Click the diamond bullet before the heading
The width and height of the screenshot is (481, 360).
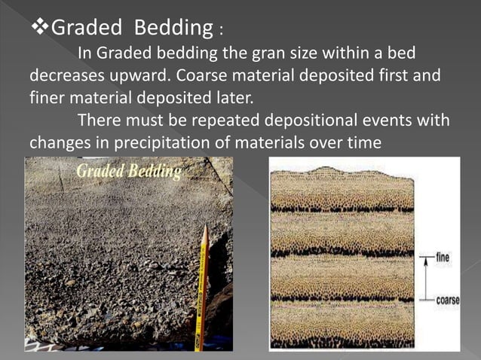39,29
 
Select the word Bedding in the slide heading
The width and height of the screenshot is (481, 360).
174,29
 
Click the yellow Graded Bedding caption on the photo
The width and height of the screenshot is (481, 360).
129,172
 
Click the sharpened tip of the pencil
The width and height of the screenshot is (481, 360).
204,228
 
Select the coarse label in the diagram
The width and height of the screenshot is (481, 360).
448,299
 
